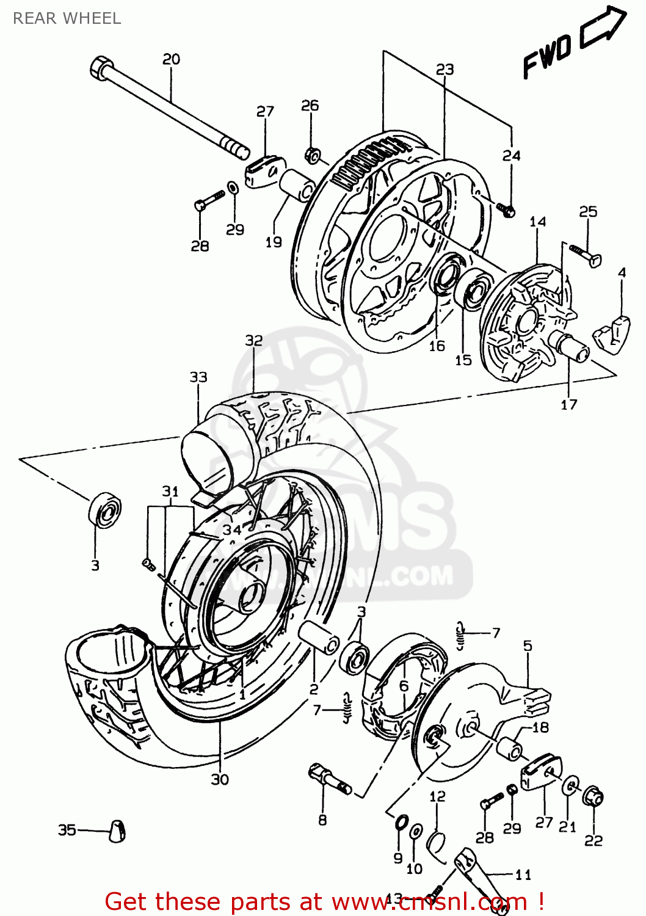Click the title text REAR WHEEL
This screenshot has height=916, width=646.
coord(67,18)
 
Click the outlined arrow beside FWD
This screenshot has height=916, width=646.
coord(603,27)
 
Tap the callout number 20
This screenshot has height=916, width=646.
coord(171,59)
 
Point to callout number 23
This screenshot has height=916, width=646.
coord(445,70)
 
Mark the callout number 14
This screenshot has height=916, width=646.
coord(537,222)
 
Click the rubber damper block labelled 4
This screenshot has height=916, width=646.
coord(612,335)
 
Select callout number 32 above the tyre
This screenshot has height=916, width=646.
coord(254,340)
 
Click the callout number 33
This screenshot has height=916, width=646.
coord(198,377)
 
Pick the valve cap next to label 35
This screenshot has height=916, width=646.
coord(117,831)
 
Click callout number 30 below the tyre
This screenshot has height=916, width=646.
coord(220,779)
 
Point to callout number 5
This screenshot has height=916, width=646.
coord(528,645)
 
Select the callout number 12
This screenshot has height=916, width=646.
coord(437,796)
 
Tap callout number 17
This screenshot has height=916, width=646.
coord(568,404)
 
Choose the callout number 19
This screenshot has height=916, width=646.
coord(274,242)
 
